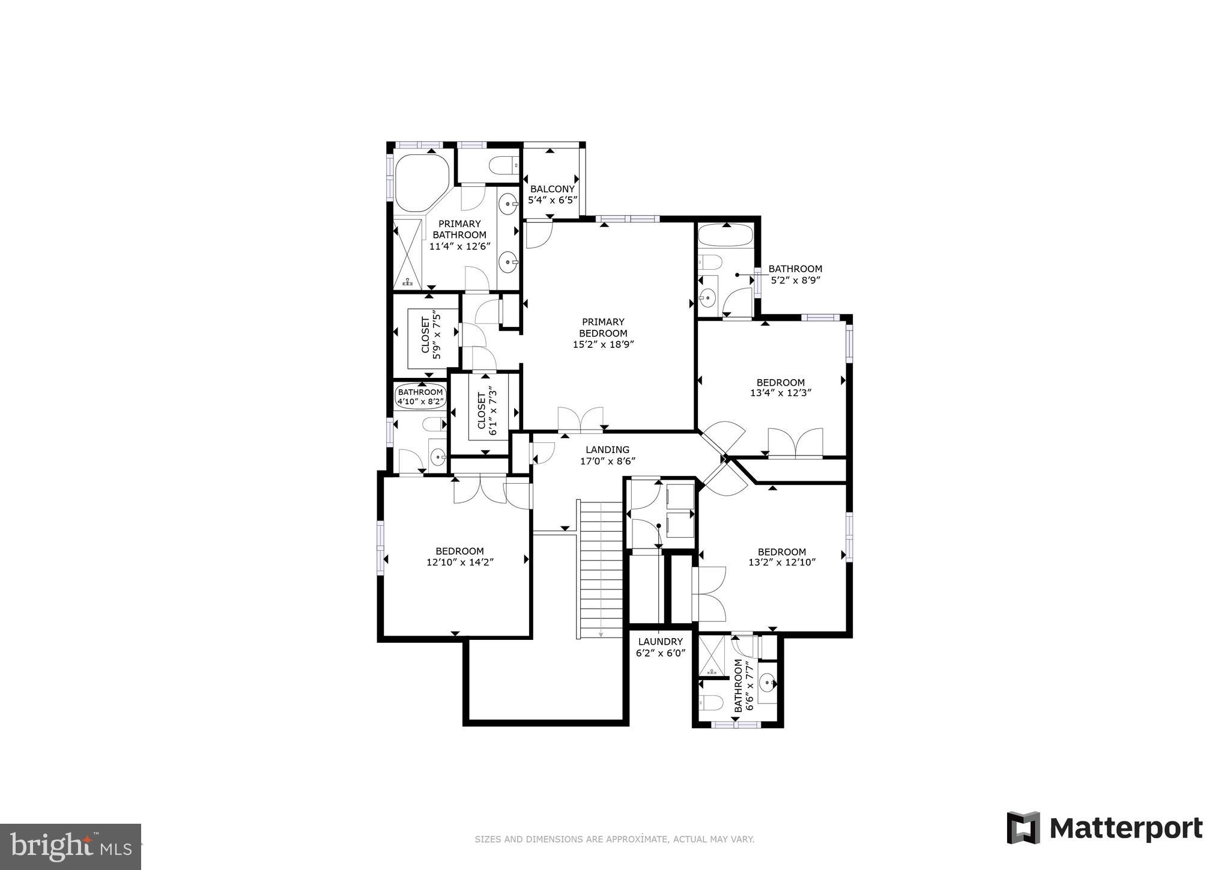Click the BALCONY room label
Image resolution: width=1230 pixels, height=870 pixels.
pyautogui.click(x=552, y=189)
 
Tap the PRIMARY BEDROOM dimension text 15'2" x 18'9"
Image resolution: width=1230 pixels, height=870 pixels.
pyautogui.click(x=603, y=344)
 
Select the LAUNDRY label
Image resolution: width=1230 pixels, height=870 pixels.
pyautogui.click(x=660, y=642)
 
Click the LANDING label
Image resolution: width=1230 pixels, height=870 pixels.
pyautogui.click(x=607, y=449)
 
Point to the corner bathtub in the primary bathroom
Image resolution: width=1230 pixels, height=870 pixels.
pyautogui.click(x=420, y=182)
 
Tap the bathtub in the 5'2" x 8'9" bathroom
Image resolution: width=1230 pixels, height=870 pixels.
pyautogui.click(x=725, y=236)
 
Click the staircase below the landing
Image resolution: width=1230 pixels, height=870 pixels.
pyautogui.click(x=601, y=568)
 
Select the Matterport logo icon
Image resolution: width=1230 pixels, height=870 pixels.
pyautogui.click(x=1023, y=828)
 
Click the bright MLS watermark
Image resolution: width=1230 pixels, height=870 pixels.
pyautogui.click(x=71, y=847)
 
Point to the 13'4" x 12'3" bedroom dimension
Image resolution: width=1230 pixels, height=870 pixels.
pyautogui.click(x=780, y=393)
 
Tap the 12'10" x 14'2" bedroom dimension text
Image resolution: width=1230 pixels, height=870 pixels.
pyautogui.click(x=460, y=562)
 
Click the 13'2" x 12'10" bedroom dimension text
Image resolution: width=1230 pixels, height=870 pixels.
pyautogui.click(x=781, y=562)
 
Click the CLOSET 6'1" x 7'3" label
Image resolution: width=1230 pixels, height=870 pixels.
pyautogui.click(x=487, y=413)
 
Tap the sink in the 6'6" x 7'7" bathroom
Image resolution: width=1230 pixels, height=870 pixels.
pyautogui.click(x=768, y=682)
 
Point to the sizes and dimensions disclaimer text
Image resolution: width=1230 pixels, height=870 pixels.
pyautogui.click(x=614, y=839)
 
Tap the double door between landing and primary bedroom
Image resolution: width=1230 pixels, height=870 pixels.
pyautogui.click(x=580, y=420)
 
